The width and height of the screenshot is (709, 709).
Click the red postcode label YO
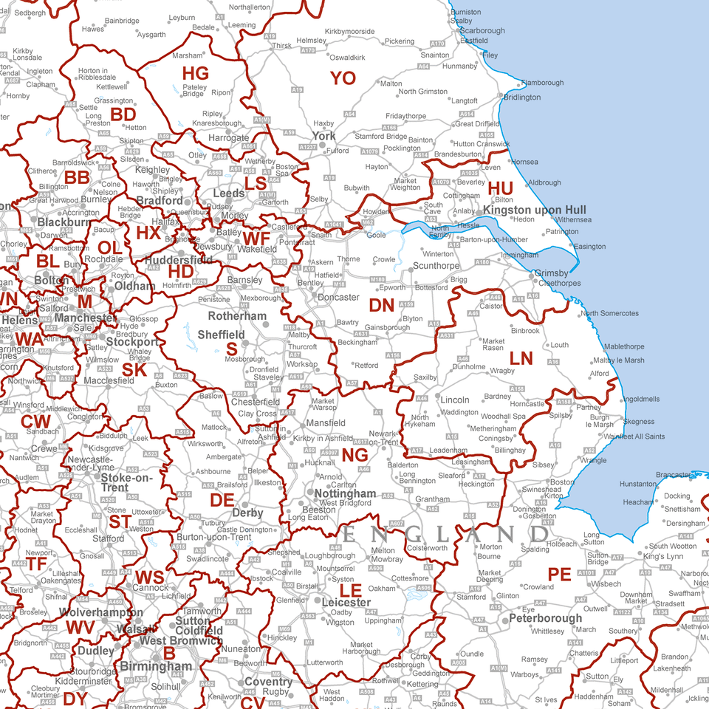[x=343, y=78]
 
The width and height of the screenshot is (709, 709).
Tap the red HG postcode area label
[x=196, y=73]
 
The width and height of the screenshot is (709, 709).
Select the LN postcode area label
[x=521, y=359]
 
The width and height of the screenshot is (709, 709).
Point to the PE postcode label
[x=559, y=574]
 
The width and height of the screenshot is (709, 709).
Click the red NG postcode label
[x=355, y=455]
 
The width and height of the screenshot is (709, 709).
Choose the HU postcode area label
[x=500, y=188]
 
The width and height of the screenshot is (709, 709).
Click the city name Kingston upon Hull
[x=535, y=210]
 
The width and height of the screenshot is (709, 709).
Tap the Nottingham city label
[x=346, y=493]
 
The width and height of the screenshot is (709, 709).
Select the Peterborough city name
[x=546, y=618]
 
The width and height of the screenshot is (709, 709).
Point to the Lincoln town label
[x=455, y=400]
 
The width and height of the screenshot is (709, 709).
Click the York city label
[x=323, y=136]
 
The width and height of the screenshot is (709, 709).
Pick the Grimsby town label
[x=551, y=273]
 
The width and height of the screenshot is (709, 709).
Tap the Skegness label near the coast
[x=639, y=422]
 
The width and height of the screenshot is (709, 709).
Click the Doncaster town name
[x=338, y=298]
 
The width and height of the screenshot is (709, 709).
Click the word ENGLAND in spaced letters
[x=445, y=534]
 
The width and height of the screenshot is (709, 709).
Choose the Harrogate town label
[x=229, y=138]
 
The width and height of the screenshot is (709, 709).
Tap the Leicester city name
[x=346, y=603]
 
